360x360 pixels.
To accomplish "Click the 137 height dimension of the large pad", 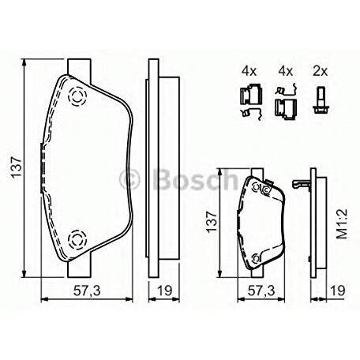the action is click(x=16, y=167).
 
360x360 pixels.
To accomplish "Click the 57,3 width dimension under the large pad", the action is click(x=87, y=291).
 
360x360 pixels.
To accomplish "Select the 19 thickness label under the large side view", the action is click(x=164, y=291).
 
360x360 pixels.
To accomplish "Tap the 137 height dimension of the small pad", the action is click(x=212, y=221).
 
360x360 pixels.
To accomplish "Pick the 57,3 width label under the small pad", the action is click(x=261, y=291).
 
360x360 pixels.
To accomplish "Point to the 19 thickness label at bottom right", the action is click(x=338, y=291).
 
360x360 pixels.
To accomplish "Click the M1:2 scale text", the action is click(x=343, y=224).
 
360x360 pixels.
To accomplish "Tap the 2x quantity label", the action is click(x=320, y=71).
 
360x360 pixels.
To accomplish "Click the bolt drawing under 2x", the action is click(x=321, y=100).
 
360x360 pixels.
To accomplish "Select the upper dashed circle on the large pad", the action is click(x=77, y=96).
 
